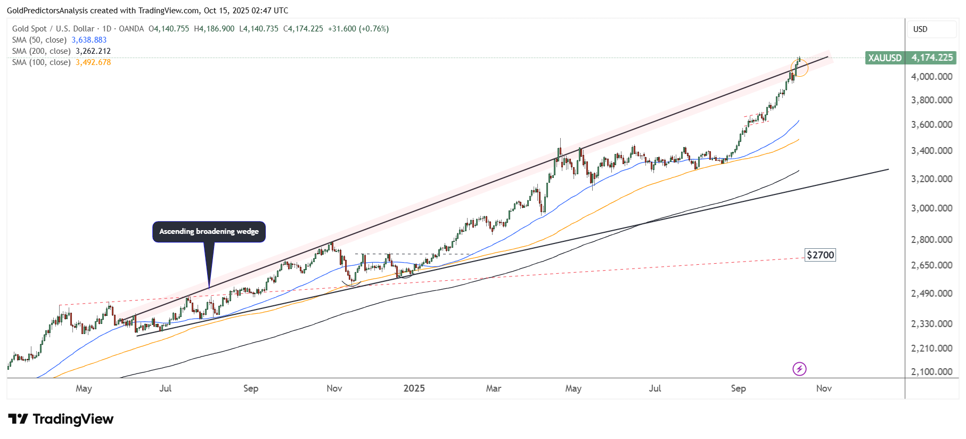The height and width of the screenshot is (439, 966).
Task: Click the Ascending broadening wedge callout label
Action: pyautogui.click(x=209, y=231)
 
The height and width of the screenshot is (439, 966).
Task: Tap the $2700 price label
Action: pyautogui.click(x=820, y=255)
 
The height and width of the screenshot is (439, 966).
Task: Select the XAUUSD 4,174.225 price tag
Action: pyautogui.click(x=911, y=58)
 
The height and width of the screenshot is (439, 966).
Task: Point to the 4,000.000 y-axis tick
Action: pyautogui.click(x=931, y=77)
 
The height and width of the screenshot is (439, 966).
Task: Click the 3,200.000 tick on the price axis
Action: pyautogui.click(x=931, y=179)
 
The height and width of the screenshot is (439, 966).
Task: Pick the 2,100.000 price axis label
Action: pyautogui.click(x=931, y=372)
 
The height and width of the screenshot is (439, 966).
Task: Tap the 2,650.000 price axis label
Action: pyautogui.click(x=931, y=265)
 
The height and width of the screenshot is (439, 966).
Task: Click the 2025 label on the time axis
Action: pyautogui.click(x=414, y=388)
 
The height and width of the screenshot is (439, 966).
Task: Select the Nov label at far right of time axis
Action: pyautogui.click(x=823, y=388)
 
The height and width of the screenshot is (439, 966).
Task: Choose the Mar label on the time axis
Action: pyautogui.click(x=493, y=388)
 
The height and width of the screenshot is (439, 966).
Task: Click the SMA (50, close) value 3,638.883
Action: pyautogui.click(x=89, y=40)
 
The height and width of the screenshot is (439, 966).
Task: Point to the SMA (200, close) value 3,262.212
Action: pyautogui.click(x=93, y=51)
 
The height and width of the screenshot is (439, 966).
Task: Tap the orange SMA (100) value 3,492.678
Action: pyautogui.click(x=93, y=62)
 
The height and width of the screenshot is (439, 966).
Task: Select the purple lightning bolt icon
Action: pyautogui.click(x=799, y=369)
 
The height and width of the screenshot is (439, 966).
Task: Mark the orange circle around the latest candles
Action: pyautogui.click(x=799, y=68)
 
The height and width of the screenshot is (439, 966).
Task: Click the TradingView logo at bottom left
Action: pyautogui.click(x=61, y=419)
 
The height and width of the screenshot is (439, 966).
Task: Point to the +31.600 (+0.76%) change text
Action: pyautogui.click(x=358, y=29)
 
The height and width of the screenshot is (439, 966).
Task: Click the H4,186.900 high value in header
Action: pyautogui.click(x=214, y=29)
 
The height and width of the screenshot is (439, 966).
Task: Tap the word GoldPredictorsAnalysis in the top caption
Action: pyautogui.click(x=47, y=11)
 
